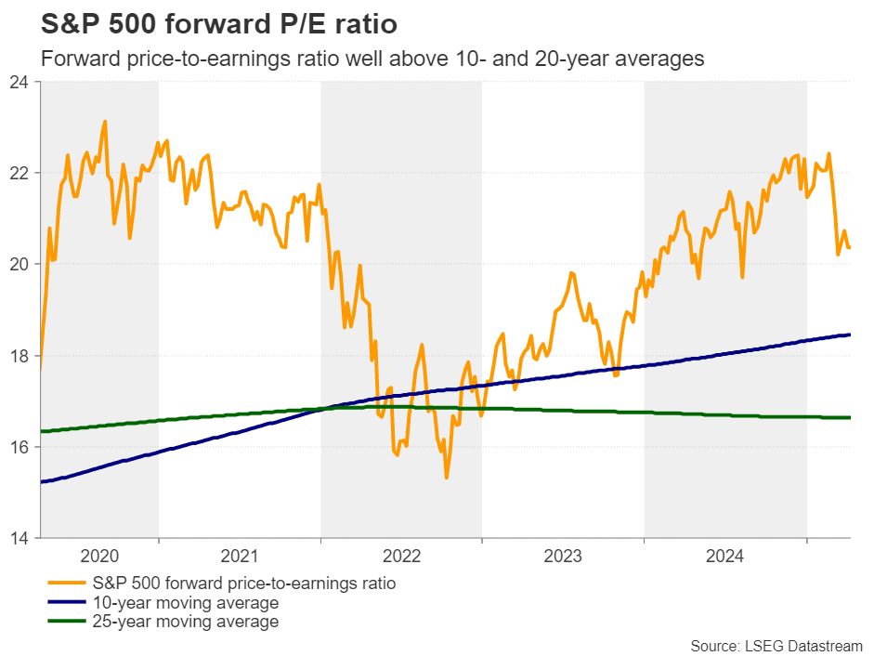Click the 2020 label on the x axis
coord(99,557)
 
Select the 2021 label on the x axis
coord(240,557)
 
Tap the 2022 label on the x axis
coord(401,557)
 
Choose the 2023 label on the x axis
coord(563,557)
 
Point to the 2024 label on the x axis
coord(724,557)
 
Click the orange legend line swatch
coord(65,584)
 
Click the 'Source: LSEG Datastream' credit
coord(776,645)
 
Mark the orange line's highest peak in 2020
coord(104,121)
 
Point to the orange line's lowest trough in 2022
coord(447,478)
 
